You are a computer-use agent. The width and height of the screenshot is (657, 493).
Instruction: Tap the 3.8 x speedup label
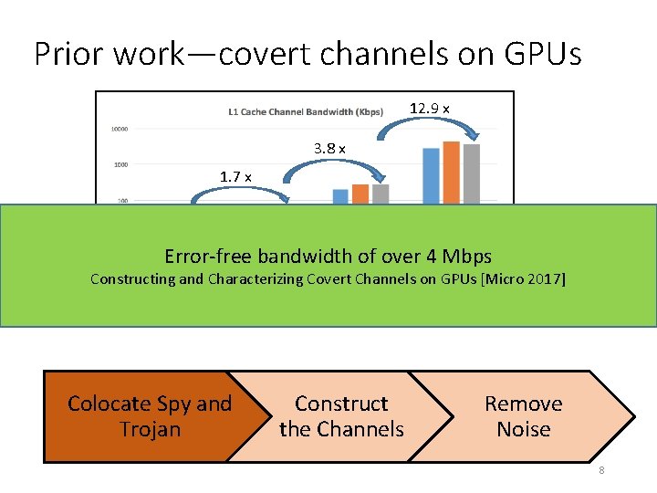(x=328, y=148)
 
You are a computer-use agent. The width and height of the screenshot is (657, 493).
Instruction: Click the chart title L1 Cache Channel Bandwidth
(x=306, y=112)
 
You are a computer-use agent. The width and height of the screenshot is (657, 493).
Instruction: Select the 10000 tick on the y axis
(x=119, y=129)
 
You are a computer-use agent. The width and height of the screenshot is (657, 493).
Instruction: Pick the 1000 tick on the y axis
(x=120, y=164)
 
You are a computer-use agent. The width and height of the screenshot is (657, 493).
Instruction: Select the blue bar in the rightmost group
(x=431, y=175)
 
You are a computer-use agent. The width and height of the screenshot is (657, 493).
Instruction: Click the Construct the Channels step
(x=341, y=416)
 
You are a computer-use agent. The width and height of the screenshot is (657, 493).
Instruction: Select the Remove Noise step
(x=524, y=416)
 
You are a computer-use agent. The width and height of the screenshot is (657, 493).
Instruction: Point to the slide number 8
(x=602, y=470)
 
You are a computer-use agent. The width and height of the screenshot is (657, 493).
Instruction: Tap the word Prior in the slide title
(x=69, y=54)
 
